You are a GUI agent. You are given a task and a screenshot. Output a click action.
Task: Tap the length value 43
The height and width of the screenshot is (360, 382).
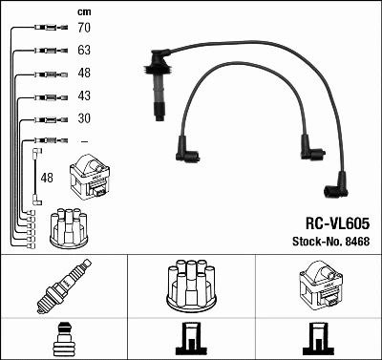(84, 96)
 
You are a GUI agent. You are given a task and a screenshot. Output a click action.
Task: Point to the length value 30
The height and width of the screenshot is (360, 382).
(84, 118)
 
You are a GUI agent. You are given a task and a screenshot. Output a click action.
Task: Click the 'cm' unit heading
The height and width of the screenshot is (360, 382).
(83, 11)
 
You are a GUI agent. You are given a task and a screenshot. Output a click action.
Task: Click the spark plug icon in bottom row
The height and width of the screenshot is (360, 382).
(63, 286)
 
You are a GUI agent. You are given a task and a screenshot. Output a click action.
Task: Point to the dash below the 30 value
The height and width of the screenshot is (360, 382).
(84, 140)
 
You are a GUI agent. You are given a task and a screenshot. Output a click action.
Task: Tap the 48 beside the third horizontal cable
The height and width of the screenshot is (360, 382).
(84, 74)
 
